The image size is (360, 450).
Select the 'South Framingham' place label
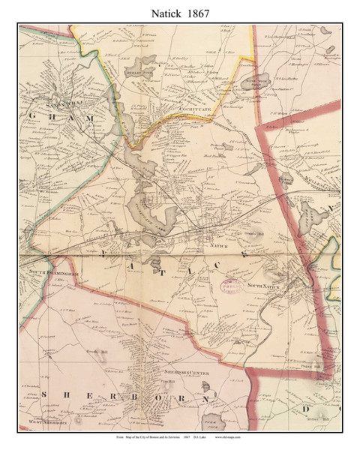tap(47, 270)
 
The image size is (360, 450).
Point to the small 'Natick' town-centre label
tap(217, 245)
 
